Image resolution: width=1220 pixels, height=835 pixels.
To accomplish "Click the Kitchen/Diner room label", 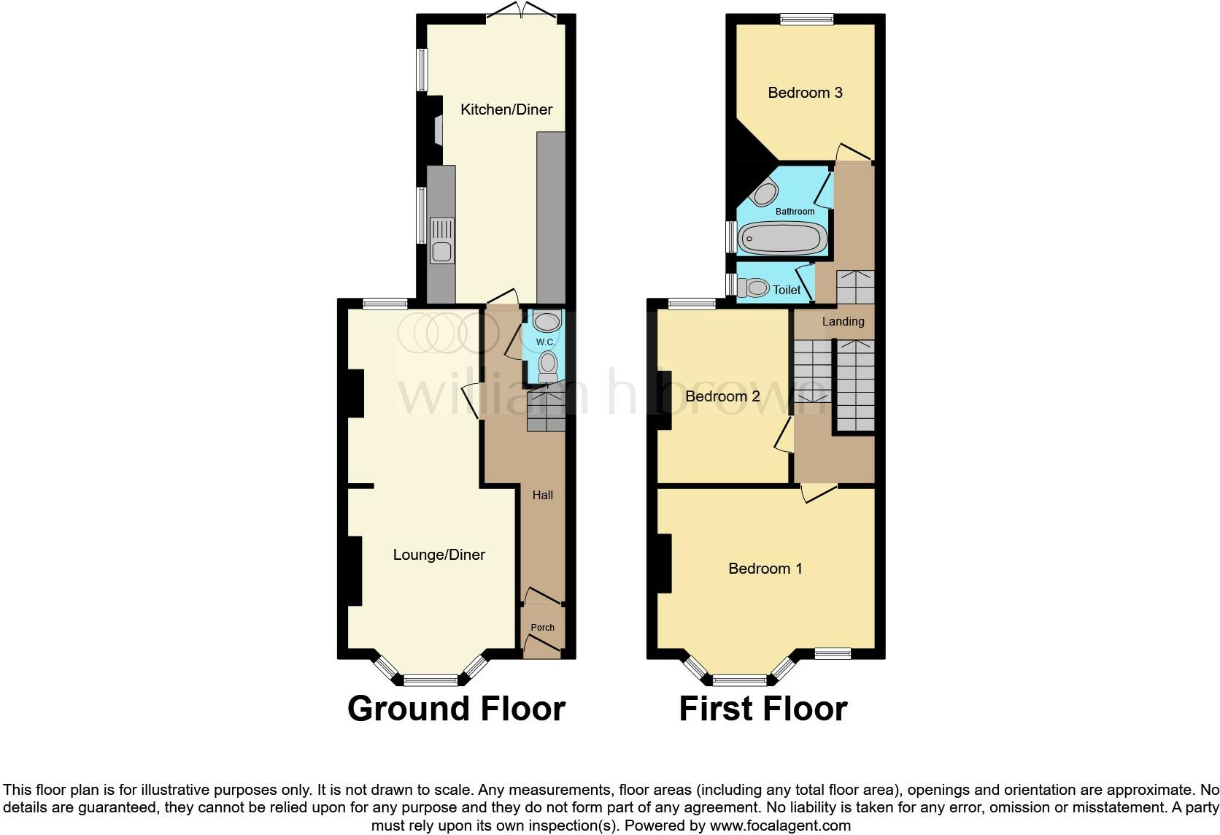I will click(506, 109).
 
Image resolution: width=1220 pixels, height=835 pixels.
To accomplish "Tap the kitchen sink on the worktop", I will click(441, 241).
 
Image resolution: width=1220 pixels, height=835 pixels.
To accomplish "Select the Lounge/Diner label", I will click(439, 555).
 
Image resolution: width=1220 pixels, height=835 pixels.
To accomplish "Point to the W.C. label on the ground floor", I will click(545, 342).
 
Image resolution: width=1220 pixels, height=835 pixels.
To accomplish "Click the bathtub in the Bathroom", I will click(782, 238).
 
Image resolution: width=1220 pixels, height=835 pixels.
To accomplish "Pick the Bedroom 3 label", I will click(805, 93).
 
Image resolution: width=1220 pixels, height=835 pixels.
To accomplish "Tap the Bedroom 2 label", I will click(722, 396).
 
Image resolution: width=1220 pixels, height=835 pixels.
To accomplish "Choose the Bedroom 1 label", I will click(765, 569).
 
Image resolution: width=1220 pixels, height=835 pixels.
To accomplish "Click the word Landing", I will click(843, 321).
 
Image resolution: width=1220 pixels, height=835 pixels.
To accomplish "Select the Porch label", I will click(542, 628).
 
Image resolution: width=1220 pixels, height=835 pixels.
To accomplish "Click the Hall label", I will click(542, 495).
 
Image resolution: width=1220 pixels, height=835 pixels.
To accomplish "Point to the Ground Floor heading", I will click(456, 709).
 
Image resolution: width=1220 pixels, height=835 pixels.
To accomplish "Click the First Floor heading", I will click(762, 709).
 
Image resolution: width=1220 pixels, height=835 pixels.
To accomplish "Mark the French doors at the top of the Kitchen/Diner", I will click(522, 11).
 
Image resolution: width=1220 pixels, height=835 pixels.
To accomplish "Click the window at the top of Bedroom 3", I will click(806, 20).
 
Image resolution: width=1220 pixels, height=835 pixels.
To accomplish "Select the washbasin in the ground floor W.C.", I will click(547, 320).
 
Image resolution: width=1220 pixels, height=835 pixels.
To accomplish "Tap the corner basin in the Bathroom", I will click(765, 193).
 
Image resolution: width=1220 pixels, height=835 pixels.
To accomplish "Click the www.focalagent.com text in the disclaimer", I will click(780, 826).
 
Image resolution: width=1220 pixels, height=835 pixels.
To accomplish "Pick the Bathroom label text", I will click(795, 212).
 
